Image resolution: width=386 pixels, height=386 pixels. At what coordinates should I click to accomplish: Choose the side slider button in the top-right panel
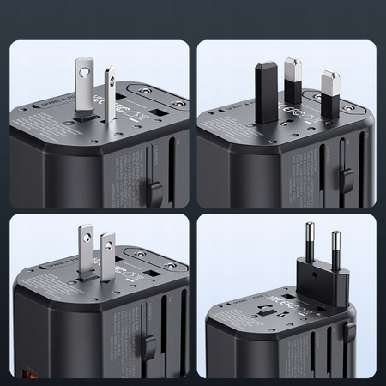[x=347, y=179]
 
